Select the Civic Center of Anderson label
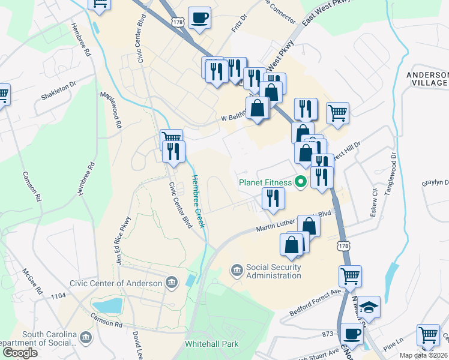(x=124, y=283)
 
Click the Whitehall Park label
(x=212, y=344)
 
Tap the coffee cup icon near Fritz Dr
(x=199, y=18)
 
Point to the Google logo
(x=20, y=352)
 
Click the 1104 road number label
(x=58, y=296)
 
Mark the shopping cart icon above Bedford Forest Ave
(x=349, y=277)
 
